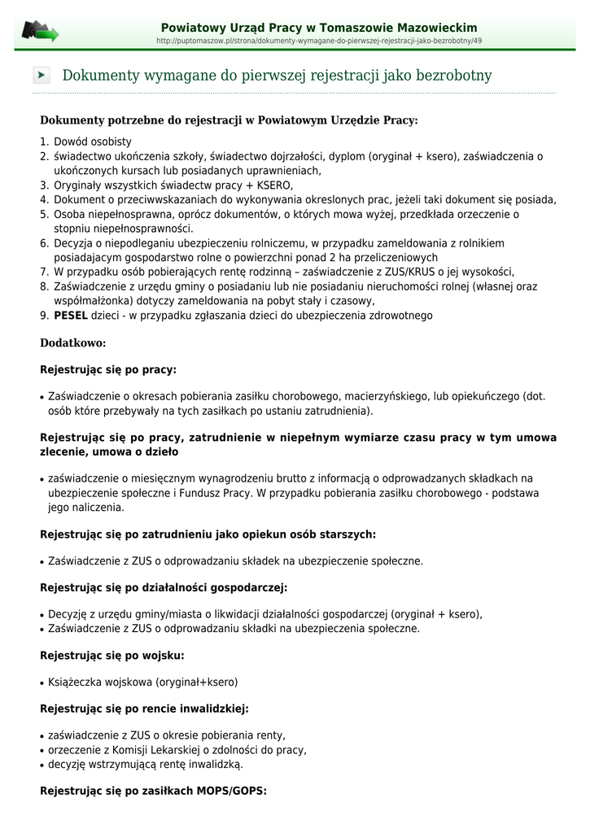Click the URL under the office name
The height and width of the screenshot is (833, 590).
click(x=319, y=41)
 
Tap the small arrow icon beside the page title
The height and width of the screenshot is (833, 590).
click(x=42, y=76)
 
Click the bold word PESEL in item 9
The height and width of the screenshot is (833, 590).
click(x=71, y=316)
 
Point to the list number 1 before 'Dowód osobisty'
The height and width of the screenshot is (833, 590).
click(x=44, y=142)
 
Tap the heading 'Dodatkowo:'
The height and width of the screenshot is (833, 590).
click(x=73, y=343)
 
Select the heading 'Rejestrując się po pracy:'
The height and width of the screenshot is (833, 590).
click(x=108, y=369)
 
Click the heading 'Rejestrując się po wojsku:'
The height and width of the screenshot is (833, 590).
click(x=112, y=655)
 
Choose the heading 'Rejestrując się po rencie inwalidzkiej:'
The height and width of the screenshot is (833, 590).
click(x=144, y=709)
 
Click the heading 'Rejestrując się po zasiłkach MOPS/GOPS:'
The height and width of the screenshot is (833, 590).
click(x=153, y=790)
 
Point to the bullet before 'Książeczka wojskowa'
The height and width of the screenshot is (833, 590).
click(x=42, y=683)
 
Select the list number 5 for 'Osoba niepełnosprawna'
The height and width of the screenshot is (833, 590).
click(x=44, y=215)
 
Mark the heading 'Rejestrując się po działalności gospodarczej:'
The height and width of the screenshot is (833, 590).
click(x=164, y=587)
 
